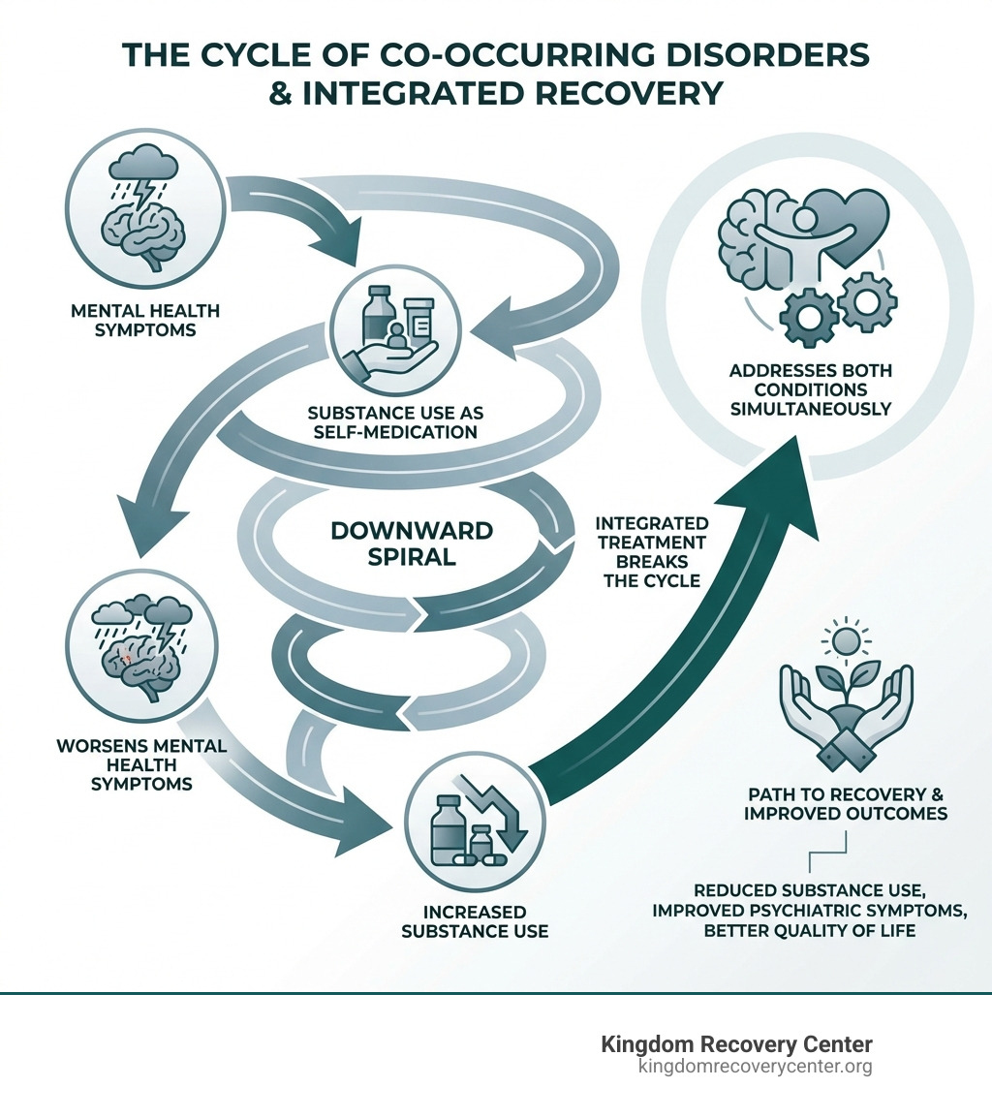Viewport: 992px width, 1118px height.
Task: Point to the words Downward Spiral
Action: pyautogui.click(x=412, y=544)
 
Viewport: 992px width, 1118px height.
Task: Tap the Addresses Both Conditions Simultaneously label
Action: pyautogui.click(x=811, y=389)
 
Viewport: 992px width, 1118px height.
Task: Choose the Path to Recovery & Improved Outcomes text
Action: pyautogui.click(x=846, y=803)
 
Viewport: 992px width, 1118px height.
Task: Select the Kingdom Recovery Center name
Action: pyautogui.click(x=736, y=1044)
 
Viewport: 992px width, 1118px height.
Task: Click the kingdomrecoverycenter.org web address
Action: pyautogui.click(x=755, y=1067)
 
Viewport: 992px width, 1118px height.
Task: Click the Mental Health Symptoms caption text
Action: pyautogui.click(x=145, y=320)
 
